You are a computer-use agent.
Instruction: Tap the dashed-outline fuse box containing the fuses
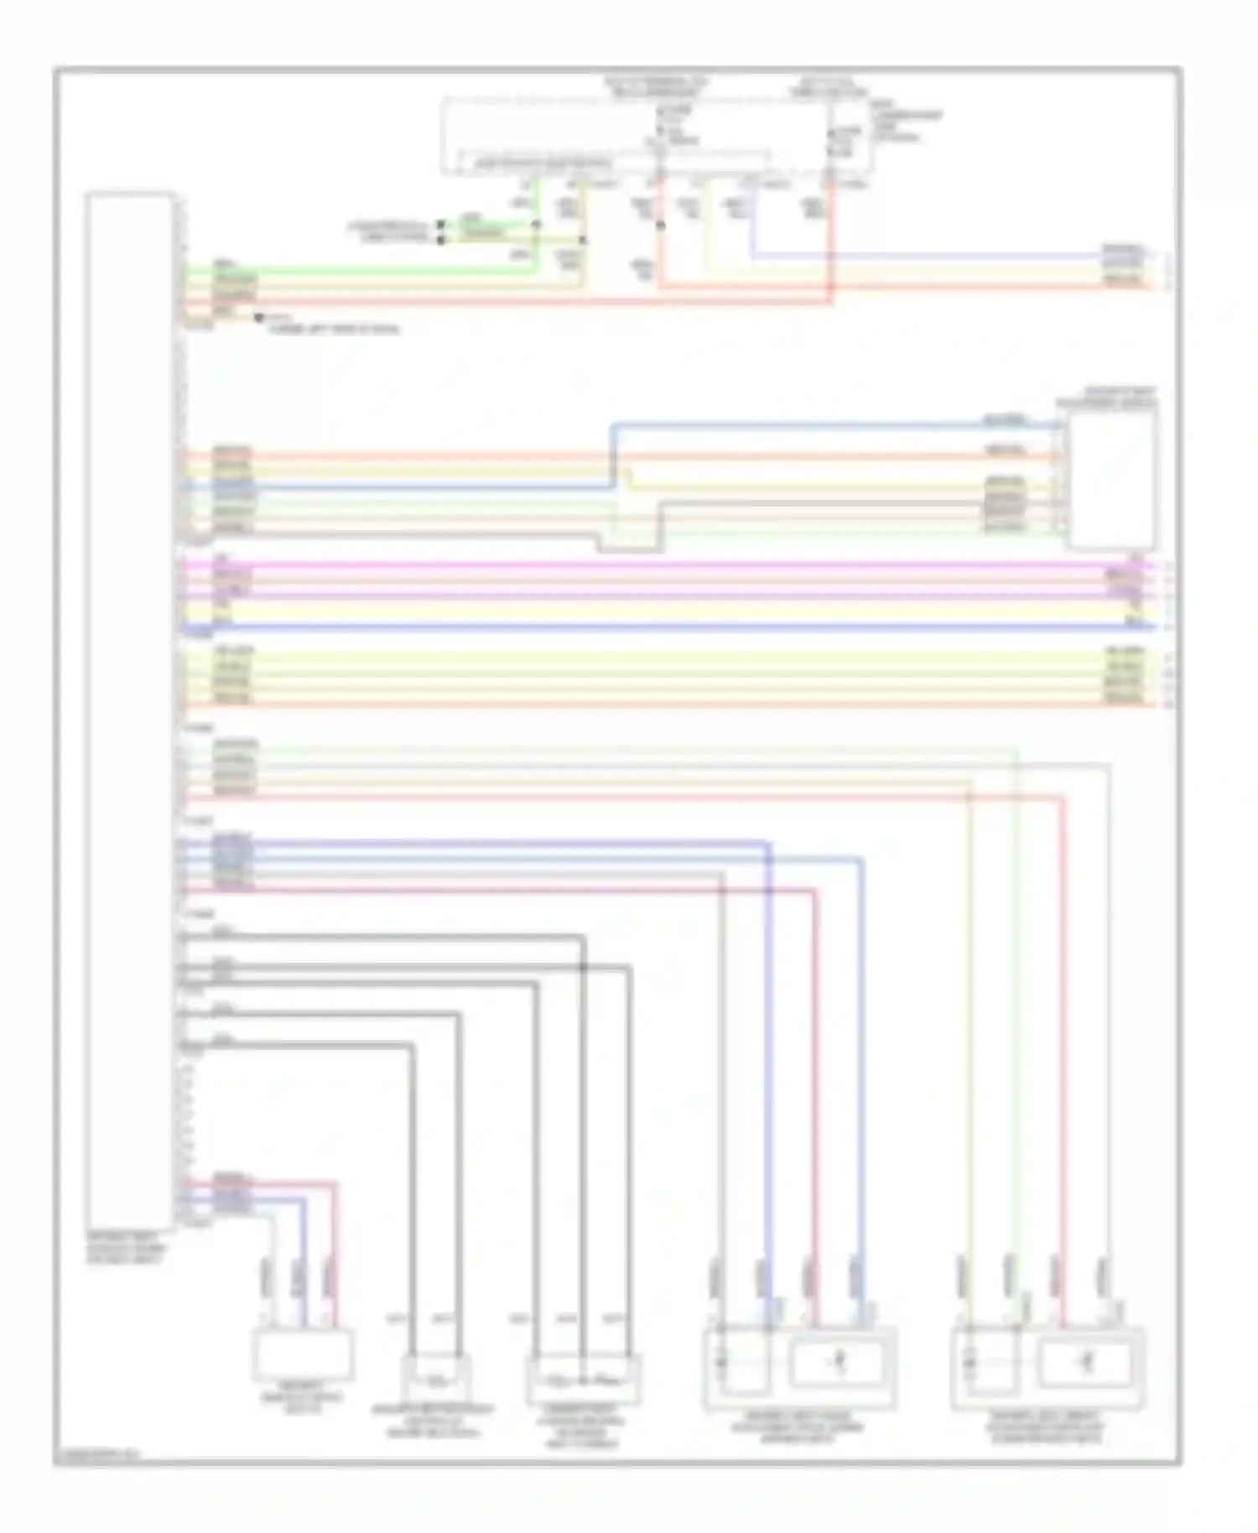[x=654, y=137]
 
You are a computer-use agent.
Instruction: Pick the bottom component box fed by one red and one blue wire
[x=304, y=1354]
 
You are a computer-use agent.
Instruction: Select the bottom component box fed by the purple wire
[x=799, y=1367]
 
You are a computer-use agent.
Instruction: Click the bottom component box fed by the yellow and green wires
[x=1047, y=1367]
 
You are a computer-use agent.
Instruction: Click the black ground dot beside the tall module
[x=259, y=318]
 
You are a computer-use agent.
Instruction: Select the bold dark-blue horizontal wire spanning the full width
[x=671, y=626]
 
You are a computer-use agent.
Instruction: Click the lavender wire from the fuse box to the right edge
[x=923, y=253]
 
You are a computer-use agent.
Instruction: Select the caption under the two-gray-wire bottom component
[x=434, y=1421]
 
